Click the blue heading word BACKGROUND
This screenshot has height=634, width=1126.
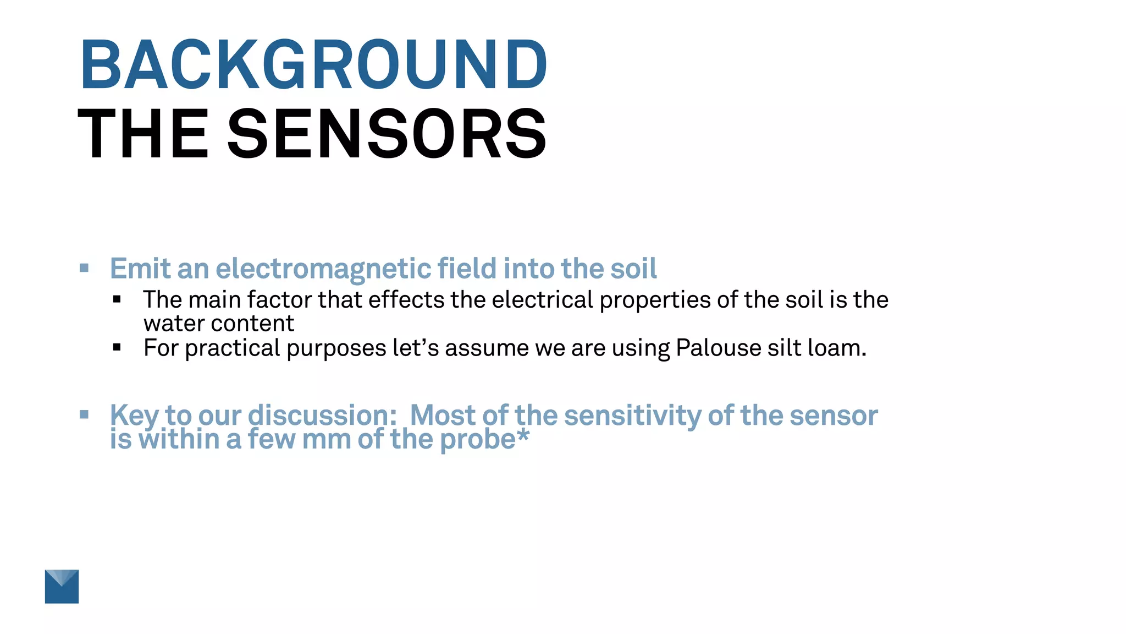tap(313, 64)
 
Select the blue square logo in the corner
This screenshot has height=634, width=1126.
tap(62, 586)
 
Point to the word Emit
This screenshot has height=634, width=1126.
tap(140, 269)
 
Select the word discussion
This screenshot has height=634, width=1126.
tap(322, 416)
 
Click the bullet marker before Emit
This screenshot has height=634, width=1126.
tap(84, 268)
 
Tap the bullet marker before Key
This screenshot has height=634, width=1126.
tap(84, 414)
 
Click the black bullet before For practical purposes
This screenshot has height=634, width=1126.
tap(117, 347)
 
